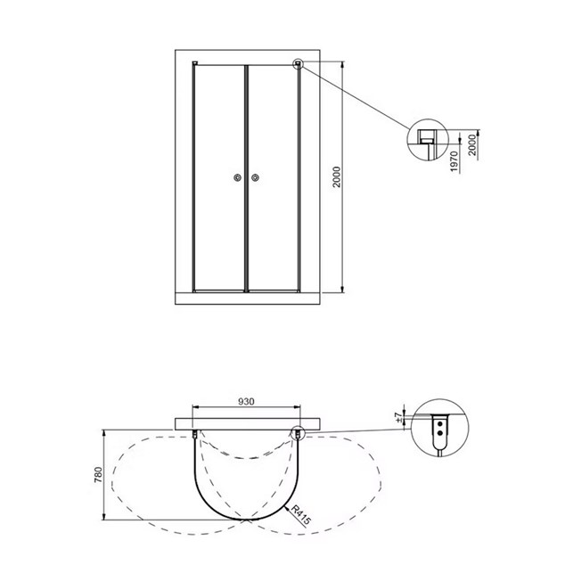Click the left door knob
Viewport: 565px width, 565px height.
(237, 177)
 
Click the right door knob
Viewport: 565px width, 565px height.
(256, 177)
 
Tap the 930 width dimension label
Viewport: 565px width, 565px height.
(246, 401)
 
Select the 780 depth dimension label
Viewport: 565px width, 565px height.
(98, 475)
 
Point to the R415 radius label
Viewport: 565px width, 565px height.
(300, 515)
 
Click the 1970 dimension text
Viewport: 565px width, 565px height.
(454, 161)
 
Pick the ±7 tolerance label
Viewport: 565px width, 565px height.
(399, 417)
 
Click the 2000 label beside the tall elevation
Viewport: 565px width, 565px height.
(337, 177)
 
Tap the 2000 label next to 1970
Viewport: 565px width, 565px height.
(472, 145)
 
